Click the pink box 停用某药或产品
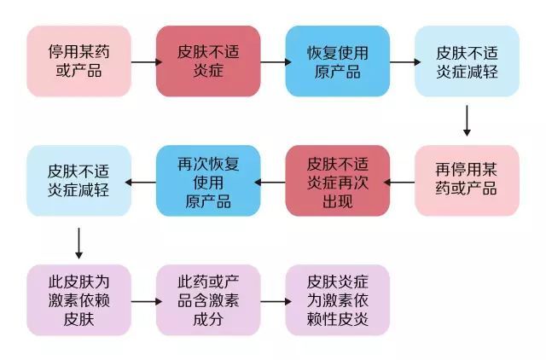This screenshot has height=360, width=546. [79, 61]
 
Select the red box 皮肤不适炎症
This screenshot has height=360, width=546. [209, 61]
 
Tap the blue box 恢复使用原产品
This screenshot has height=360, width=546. [338, 61]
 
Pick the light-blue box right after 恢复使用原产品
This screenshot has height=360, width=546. [467, 61]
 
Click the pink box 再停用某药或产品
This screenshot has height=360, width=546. [467, 180]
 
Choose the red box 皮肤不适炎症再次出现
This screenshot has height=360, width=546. [338, 180]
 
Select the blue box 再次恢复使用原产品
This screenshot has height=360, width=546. [209, 180]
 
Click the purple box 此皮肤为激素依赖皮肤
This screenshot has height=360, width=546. [79, 299]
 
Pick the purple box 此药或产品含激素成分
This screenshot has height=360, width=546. [209, 299]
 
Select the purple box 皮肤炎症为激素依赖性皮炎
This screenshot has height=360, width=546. [338, 299]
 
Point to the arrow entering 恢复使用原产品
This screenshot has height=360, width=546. [274, 61]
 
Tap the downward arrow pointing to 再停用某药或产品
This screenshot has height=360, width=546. [467, 120]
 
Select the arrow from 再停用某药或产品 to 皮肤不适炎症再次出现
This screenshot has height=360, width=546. [402, 181]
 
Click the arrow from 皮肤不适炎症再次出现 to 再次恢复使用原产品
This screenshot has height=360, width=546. [273, 181]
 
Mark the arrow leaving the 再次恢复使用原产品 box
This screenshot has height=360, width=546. [144, 181]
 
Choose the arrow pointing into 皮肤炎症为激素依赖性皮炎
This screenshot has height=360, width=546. [274, 301]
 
